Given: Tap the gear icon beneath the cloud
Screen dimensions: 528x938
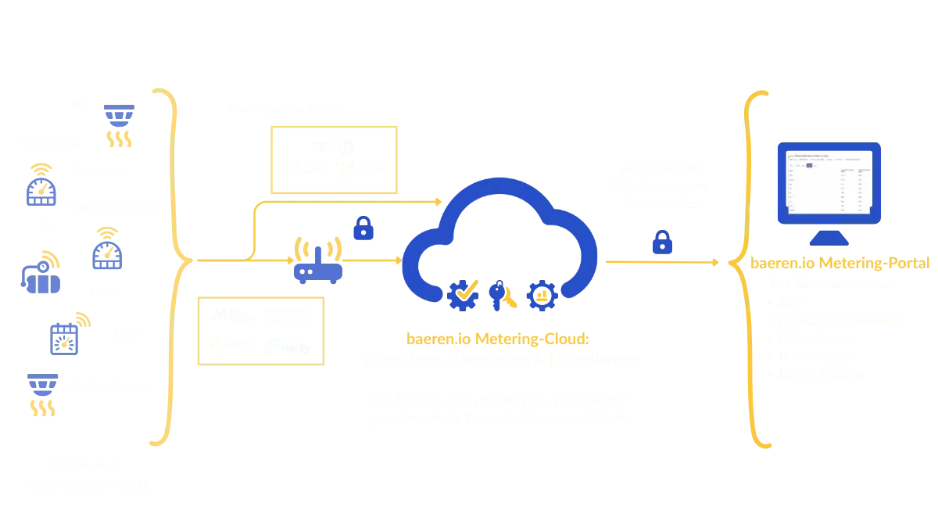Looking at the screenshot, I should pyautogui.click(x=541, y=294).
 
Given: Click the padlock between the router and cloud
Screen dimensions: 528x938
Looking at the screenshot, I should pyautogui.click(x=363, y=228).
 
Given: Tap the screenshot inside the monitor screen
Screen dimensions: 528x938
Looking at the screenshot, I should pyautogui.click(x=829, y=181).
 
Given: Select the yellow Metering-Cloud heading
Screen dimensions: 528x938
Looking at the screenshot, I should pyautogui.click(x=499, y=339).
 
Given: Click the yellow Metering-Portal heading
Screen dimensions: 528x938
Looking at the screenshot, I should pyautogui.click(x=840, y=264).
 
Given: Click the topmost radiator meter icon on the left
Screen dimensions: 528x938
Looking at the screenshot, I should pyautogui.click(x=119, y=125).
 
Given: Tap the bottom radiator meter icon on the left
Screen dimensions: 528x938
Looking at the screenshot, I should pyautogui.click(x=43, y=394).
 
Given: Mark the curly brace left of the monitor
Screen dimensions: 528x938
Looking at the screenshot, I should pyautogui.click(x=746, y=266).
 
